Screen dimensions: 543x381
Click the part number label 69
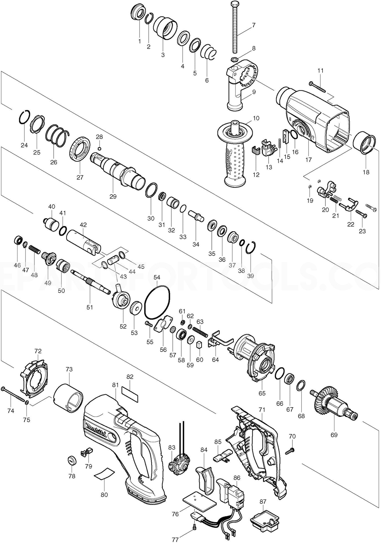[x=334, y=435]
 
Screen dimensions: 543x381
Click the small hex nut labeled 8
[x=234, y=59]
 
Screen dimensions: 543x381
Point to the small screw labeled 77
[x=194, y=526]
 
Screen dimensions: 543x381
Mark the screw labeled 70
[x=290, y=452]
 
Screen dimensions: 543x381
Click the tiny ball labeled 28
[x=99, y=149]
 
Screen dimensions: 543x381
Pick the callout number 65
[x=262, y=393]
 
